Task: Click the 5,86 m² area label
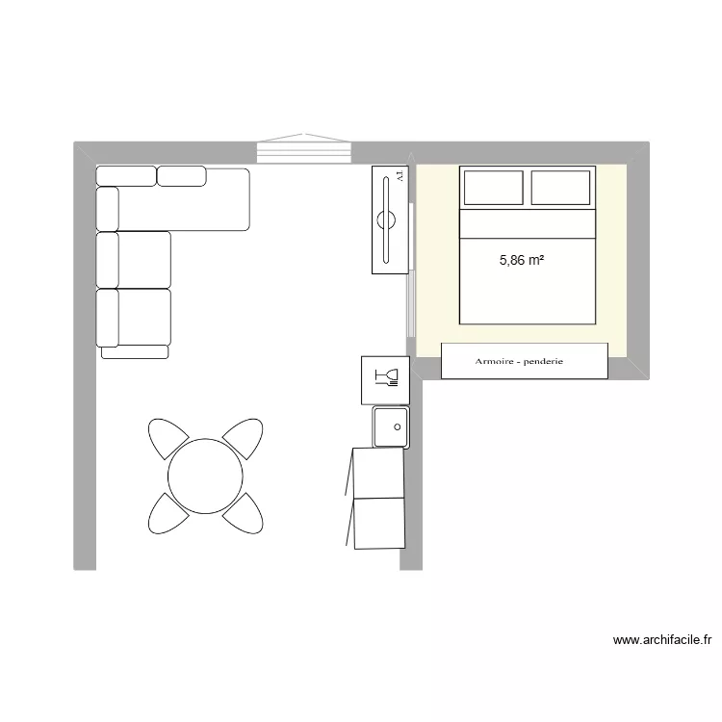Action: tap(523, 259)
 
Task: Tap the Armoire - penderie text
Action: tap(519, 362)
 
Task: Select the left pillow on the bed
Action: tap(493, 188)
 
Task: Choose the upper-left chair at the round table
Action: tap(166, 440)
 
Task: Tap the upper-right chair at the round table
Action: tap(244, 439)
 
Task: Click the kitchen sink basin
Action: tap(391, 426)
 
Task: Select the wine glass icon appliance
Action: tap(385, 379)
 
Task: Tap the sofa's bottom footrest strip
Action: tap(135, 352)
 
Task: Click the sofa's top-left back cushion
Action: tap(125, 175)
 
